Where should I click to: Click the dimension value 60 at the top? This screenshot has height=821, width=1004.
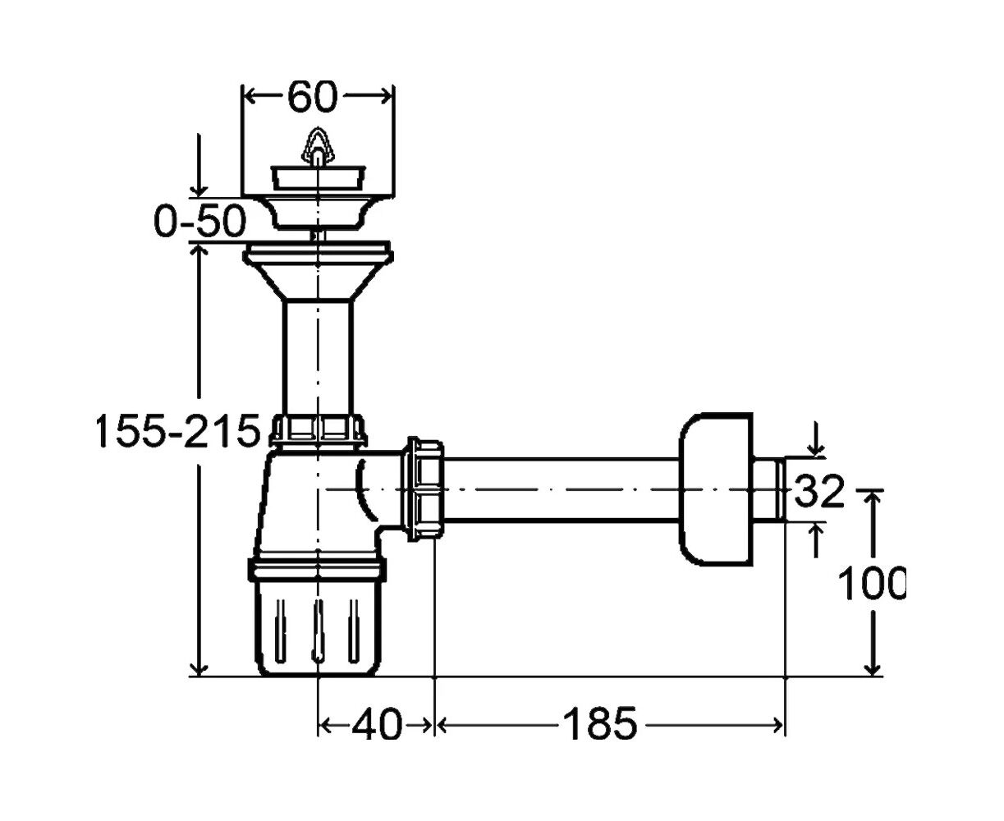pos(312,97)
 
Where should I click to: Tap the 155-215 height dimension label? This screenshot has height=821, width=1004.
pos(178,431)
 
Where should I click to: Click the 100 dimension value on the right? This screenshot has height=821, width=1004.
pos(871,584)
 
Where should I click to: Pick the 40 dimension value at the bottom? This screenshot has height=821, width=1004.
pos(377,726)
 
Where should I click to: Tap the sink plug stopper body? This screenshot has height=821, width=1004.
pos(318,177)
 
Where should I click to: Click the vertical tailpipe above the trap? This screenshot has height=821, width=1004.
pos(318,358)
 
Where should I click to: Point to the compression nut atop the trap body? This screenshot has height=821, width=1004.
pos(318,431)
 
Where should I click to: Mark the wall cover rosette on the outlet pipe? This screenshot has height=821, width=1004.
pos(715,489)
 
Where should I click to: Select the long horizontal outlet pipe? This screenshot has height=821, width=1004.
pos(562,489)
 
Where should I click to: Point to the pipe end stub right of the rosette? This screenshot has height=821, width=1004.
pos(768,489)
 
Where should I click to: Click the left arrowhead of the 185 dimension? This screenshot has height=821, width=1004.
pos(442,726)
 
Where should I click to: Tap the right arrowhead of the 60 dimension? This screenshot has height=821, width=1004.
pos(386,97)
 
